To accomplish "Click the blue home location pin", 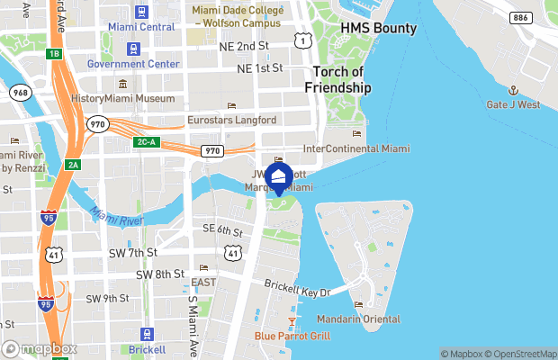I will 279,177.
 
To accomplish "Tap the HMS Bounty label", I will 378,28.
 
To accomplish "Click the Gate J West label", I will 513,105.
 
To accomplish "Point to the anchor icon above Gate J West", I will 513,91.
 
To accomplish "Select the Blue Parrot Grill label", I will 292,337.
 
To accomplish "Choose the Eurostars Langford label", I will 231,120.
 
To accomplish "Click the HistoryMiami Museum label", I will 123,98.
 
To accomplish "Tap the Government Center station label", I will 132,65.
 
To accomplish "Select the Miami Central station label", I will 141,27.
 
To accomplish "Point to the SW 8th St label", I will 160,274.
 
